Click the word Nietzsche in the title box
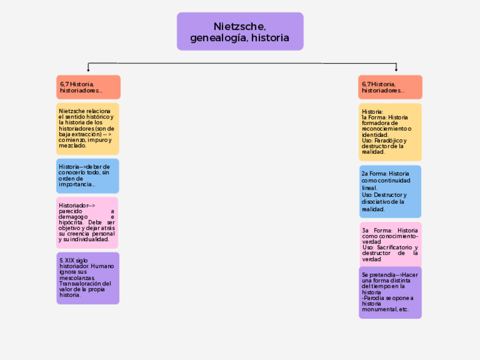[x=240, y=26]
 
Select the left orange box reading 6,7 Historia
[x=88, y=87]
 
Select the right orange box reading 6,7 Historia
[x=390, y=87]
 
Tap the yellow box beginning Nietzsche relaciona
[x=88, y=128]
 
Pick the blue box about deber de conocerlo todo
[x=88, y=175]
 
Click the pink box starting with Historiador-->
[x=87, y=222]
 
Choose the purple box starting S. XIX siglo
[x=88, y=278]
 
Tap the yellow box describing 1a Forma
[x=390, y=132]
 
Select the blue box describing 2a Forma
[x=390, y=191]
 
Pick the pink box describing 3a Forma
[x=390, y=245]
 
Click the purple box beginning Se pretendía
[x=390, y=293]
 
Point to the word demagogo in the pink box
[x=73, y=217]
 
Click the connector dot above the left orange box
[x=88, y=70]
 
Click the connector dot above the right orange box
[x=396, y=70]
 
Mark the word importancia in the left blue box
[x=76, y=185]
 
